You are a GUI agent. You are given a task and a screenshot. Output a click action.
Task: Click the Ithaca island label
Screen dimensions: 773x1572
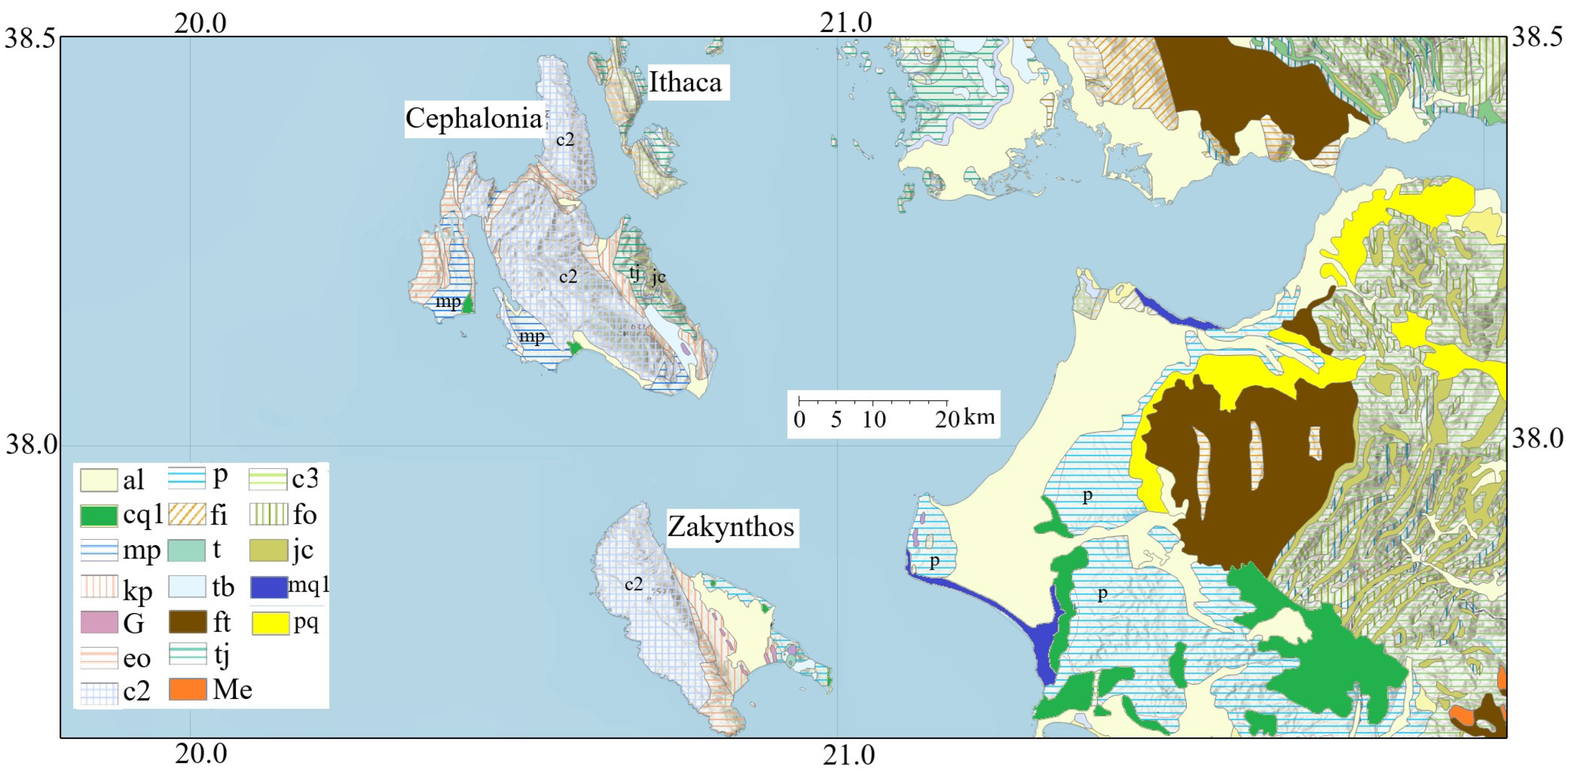[685, 83]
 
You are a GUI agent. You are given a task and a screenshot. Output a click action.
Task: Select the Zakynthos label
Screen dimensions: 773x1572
[730, 527]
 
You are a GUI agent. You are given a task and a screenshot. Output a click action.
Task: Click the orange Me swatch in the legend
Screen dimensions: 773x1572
[187, 689]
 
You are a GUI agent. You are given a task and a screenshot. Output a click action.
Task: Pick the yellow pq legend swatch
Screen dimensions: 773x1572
[270, 623]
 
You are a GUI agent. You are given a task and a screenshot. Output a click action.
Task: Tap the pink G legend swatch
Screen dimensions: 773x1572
[99, 623]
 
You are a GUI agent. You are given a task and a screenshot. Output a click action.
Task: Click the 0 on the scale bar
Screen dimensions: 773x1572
[799, 419]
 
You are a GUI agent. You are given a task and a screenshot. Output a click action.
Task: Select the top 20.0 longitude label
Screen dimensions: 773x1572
[200, 23]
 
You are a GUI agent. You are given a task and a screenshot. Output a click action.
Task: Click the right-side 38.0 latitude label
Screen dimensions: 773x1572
[1537, 439]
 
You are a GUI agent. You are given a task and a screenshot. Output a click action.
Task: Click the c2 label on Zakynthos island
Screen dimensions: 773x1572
[633, 585]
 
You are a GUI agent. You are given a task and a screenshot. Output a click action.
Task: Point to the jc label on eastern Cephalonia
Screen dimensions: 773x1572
[658, 277]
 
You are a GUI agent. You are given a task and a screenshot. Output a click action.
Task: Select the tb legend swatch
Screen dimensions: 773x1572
[187, 587]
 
